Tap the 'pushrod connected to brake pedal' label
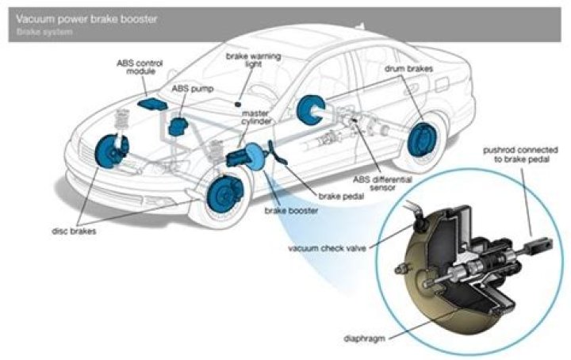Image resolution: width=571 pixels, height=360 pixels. pos(519,155)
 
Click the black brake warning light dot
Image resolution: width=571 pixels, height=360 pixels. pos(238,104)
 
